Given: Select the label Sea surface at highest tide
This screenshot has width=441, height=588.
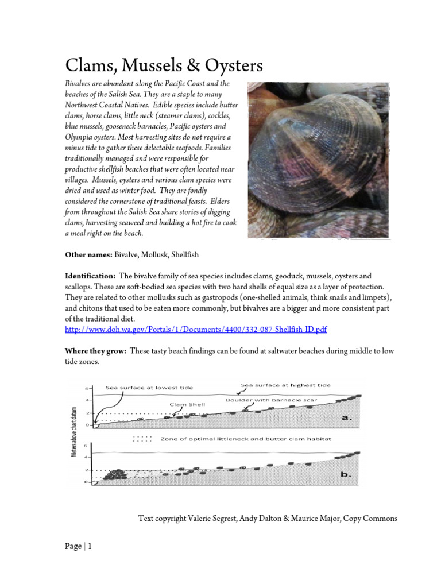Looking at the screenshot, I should coord(285,385).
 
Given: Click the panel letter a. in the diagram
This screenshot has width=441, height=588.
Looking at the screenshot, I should coord(347,417).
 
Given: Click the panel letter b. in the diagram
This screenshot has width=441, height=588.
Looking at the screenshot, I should coord(347,475).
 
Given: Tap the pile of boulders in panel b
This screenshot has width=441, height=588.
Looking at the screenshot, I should coord(116,474).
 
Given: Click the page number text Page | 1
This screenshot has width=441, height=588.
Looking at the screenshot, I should coord(78,547).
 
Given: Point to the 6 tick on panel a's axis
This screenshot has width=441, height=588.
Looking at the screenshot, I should coord(87,388).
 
